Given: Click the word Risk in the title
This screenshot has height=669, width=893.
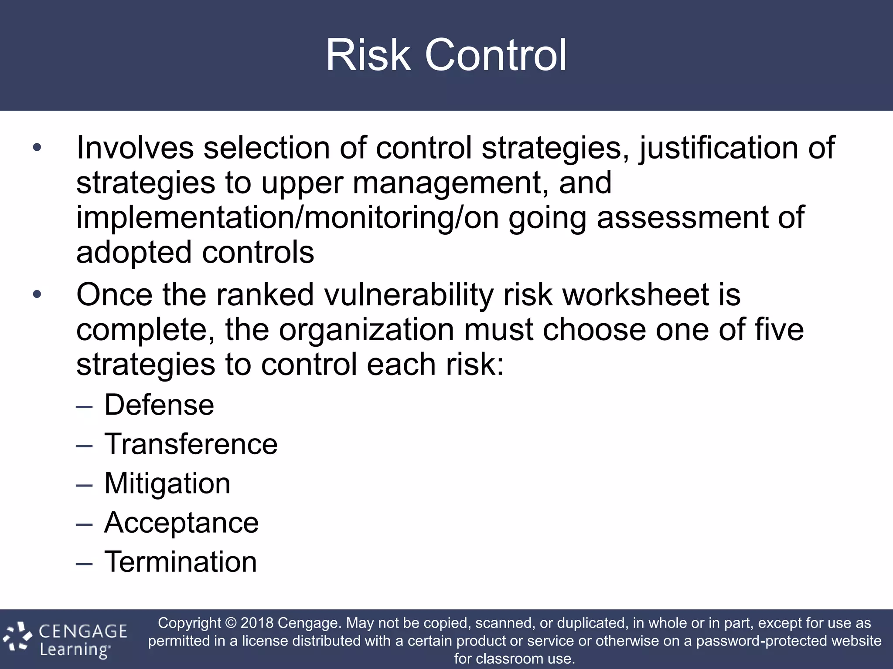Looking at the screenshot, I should click(x=368, y=55).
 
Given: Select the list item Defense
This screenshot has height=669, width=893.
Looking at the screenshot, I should click(x=159, y=405).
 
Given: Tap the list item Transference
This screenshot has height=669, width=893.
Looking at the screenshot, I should click(x=191, y=444).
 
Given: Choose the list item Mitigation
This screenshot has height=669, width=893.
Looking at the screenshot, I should click(x=167, y=483).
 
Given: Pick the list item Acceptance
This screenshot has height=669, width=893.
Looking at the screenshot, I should click(x=181, y=523).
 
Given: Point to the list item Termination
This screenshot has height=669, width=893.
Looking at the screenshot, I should click(x=181, y=562).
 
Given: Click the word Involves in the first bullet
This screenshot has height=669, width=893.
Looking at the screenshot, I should click(x=135, y=148).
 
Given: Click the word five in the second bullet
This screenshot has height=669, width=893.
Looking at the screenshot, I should click(x=779, y=330).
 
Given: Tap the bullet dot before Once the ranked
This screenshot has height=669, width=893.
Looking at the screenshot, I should click(x=37, y=295).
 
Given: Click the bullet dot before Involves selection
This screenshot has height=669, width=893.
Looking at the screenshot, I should click(x=37, y=148).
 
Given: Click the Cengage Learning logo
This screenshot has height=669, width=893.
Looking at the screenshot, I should click(x=65, y=640).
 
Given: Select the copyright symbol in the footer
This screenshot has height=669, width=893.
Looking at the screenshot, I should click(x=231, y=623).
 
